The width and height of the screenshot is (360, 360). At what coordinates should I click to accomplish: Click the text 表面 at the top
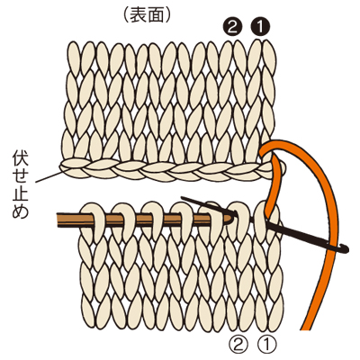click(147, 15)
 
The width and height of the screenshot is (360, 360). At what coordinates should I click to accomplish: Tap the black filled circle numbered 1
click(260, 28)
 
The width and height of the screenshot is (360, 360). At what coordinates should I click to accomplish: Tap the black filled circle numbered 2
click(232, 28)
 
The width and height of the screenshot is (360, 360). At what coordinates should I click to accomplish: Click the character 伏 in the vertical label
click(21, 158)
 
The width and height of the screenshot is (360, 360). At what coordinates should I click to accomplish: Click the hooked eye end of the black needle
click(346, 248)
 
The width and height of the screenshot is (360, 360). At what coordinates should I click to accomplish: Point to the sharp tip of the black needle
click(182, 197)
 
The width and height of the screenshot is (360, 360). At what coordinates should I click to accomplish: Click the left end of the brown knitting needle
click(58, 220)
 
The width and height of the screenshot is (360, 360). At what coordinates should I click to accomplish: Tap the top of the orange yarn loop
click(279, 141)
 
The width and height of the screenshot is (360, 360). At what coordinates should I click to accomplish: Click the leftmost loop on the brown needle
click(94, 222)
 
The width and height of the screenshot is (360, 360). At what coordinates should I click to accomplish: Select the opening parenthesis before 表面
click(126, 15)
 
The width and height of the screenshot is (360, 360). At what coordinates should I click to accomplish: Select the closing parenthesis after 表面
click(168, 15)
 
